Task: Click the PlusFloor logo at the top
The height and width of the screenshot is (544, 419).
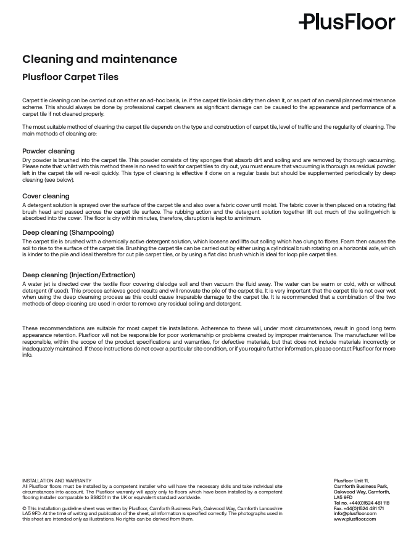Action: (x=347, y=22)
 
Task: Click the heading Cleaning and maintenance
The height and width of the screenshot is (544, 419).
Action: (x=99, y=59)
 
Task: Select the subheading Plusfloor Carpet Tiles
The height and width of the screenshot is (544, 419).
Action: (x=70, y=77)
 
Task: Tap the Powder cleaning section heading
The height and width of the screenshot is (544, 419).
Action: (x=48, y=151)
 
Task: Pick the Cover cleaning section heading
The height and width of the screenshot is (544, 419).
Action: (x=46, y=196)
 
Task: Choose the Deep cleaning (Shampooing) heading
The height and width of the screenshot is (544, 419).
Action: (x=68, y=232)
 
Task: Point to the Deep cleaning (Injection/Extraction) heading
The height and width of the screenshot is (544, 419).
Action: (x=78, y=275)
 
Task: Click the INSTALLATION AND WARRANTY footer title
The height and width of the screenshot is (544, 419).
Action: (x=57, y=481)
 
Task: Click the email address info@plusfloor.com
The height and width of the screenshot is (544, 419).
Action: (x=355, y=513)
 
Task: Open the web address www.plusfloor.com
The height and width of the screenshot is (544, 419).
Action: (x=354, y=519)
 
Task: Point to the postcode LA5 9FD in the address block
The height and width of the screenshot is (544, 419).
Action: (x=342, y=497)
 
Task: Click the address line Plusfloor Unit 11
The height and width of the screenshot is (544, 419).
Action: (x=351, y=481)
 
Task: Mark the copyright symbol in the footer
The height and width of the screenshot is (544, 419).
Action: (x=25, y=508)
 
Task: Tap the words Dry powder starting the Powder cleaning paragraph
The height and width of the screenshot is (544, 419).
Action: (x=36, y=160)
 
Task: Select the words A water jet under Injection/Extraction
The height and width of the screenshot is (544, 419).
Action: (x=36, y=284)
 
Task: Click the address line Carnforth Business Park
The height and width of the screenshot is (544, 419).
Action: (x=360, y=486)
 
